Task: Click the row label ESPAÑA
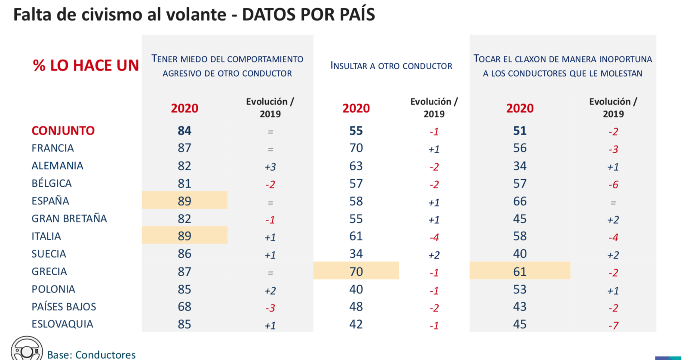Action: (x=50, y=201)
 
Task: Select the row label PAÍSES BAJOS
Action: (x=64, y=307)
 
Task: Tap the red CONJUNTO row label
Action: (x=63, y=131)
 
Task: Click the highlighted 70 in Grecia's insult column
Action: (x=356, y=271)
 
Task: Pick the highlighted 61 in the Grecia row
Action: (x=519, y=271)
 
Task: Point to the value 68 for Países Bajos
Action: (x=184, y=307)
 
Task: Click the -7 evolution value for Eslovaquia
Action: (x=613, y=326)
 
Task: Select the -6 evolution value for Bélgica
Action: (x=613, y=185)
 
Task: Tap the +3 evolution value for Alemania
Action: (x=270, y=167)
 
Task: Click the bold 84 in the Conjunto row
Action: (x=184, y=131)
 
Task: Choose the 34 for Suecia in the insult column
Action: (x=356, y=254)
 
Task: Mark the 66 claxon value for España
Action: (x=519, y=201)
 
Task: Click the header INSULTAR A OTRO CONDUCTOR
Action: (x=391, y=66)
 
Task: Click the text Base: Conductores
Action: (x=91, y=355)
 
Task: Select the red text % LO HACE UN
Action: (x=86, y=65)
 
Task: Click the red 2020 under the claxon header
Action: (x=519, y=108)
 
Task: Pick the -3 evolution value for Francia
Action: (x=613, y=149)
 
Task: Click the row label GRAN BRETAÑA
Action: (x=69, y=218)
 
